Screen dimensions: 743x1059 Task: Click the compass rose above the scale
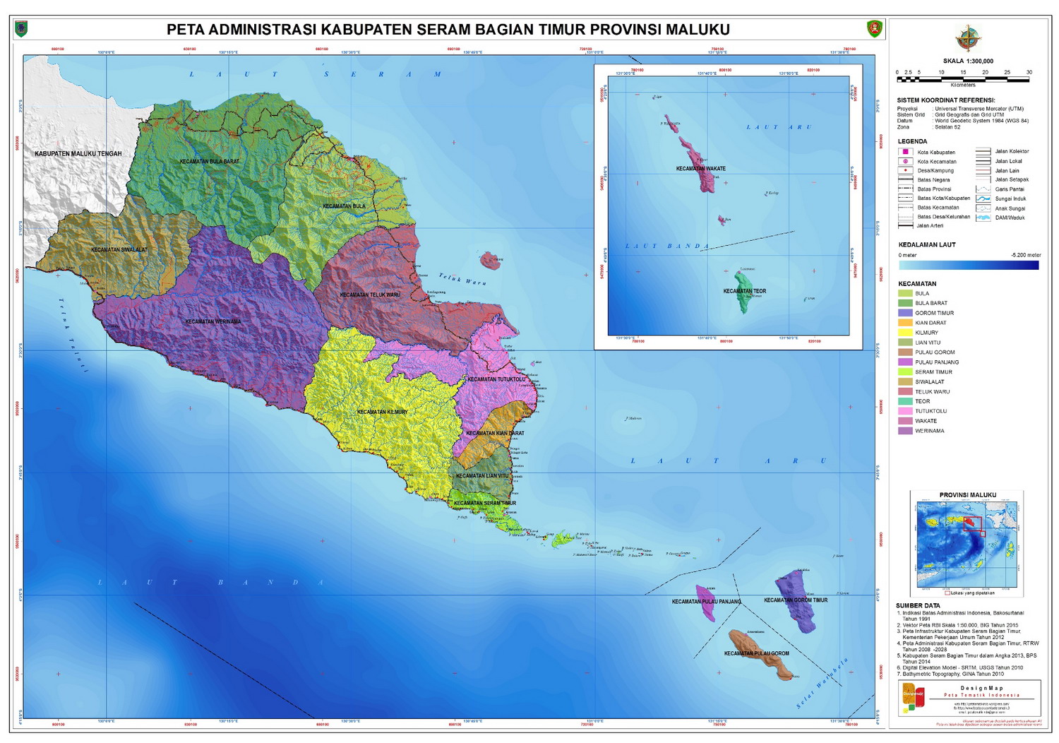pyautogui.click(x=968, y=38)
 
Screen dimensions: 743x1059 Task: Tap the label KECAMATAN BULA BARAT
pyautogui.click(x=210, y=162)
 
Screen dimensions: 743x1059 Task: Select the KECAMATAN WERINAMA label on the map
pyautogui.click(x=213, y=322)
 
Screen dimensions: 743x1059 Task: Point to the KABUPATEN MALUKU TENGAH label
pyautogui.click(x=78, y=154)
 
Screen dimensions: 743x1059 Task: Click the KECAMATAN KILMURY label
pyautogui.click(x=382, y=412)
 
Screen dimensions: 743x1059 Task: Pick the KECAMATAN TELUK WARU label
pyautogui.click(x=370, y=295)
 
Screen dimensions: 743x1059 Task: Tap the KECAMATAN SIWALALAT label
pyautogui.click(x=119, y=250)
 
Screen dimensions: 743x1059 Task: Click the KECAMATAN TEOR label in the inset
pyautogui.click(x=744, y=291)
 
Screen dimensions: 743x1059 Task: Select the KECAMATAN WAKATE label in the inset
pyautogui.click(x=700, y=169)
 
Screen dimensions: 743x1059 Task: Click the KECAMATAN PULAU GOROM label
pyautogui.click(x=756, y=654)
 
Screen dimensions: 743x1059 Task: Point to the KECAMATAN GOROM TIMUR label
pyautogui.click(x=796, y=600)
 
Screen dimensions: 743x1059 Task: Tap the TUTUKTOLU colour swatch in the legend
pyautogui.click(x=905, y=411)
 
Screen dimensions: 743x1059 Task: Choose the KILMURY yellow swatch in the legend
pyautogui.click(x=905, y=333)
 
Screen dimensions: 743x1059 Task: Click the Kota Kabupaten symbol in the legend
pyautogui.click(x=905, y=152)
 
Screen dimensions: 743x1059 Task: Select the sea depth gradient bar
pyautogui.click(x=969, y=266)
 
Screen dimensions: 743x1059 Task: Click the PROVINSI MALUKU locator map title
pyautogui.click(x=967, y=495)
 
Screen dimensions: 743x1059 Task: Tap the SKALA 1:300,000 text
pyautogui.click(x=968, y=61)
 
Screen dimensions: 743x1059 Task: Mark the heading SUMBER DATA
pyautogui.click(x=918, y=606)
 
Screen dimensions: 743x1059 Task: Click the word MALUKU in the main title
pyautogui.click(x=696, y=30)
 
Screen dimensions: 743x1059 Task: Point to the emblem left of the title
pyautogui.click(x=21, y=29)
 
